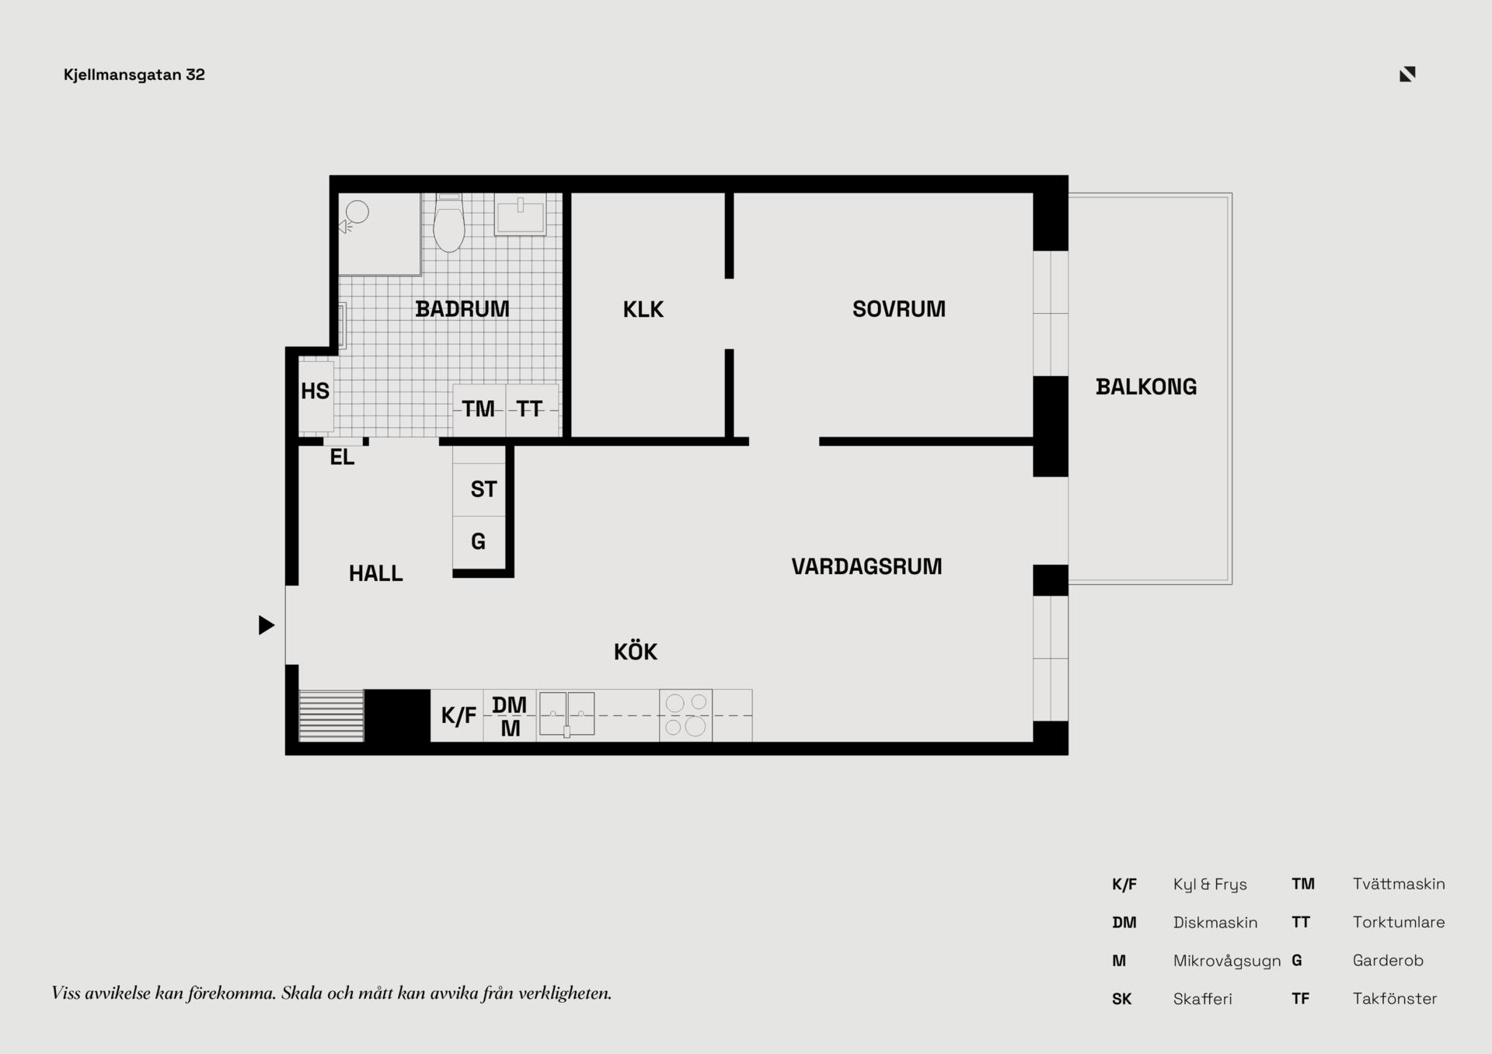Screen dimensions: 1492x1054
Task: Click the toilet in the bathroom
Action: (x=448, y=223)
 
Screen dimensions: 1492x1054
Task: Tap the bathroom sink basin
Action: (x=521, y=215)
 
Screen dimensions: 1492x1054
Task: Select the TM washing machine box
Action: (x=479, y=409)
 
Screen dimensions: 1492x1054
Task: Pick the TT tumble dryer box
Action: (x=532, y=409)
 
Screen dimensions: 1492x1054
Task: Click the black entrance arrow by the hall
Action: (x=267, y=625)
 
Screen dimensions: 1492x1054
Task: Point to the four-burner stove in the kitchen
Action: (x=685, y=715)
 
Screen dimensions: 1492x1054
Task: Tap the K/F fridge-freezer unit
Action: (x=457, y=715)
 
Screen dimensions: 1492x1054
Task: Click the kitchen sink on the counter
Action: (x=567, y=714)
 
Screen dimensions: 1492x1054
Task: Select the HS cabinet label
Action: (x=315, y=391)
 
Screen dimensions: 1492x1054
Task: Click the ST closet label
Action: (x=483, y=489)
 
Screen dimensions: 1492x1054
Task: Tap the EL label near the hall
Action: (x=342, y=457)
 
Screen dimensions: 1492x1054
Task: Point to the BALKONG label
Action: (x=1146, y=387)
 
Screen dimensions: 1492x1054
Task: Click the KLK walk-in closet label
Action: (x=643, y=310)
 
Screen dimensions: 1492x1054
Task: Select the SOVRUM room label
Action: (x=899, y=309)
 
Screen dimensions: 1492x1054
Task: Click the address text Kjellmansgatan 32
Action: (x=134, y=75)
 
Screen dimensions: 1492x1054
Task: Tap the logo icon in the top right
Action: (x=1407, y=74)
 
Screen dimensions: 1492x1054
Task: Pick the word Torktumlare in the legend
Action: (x=1399, y=922)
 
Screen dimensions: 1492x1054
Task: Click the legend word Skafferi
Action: (x=1203, y=999)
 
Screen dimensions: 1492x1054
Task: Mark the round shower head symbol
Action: (x=357, y=211)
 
